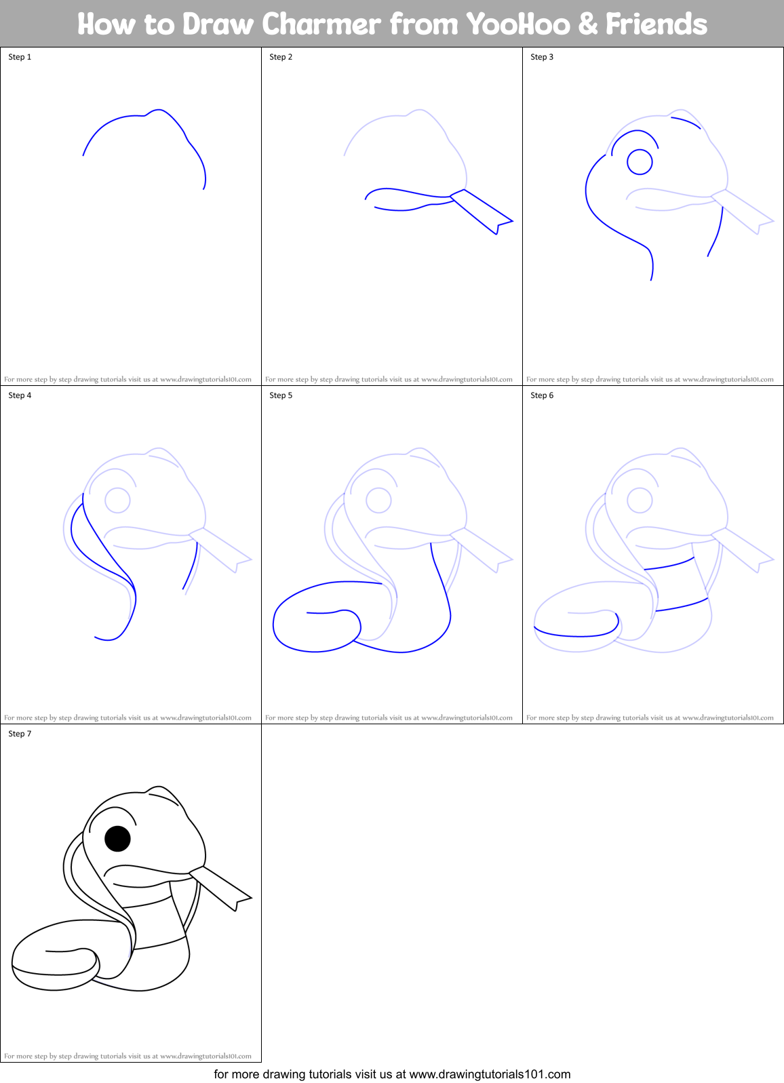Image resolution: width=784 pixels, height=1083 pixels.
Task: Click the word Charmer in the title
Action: tap(321, 24)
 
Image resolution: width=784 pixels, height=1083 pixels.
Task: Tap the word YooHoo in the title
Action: tap(519, 24)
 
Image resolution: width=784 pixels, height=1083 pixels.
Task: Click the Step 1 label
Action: tap(20, 57)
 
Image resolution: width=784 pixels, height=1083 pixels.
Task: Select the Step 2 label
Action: tap(281, 57)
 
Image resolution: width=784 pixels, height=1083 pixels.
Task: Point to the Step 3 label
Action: tap(542, 57)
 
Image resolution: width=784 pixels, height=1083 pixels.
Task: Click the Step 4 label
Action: tap(20, 395)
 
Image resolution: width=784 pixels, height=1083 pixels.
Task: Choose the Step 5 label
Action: tap(281, 395)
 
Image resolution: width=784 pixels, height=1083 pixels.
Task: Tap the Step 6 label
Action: tap(542, 395)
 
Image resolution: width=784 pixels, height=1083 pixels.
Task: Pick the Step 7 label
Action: tap(20, 734)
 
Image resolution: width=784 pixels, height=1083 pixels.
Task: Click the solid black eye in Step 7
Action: tap(117, 839)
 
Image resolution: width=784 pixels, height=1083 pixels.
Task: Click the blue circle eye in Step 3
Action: tap(640, 162)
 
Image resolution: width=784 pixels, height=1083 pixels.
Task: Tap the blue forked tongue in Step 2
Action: tap(483, 212)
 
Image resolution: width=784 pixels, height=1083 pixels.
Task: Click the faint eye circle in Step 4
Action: tap(117, 500)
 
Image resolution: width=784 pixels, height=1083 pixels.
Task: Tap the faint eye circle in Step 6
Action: tap(640, 500)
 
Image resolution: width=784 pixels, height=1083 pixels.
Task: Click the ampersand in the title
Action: tap(587, 24)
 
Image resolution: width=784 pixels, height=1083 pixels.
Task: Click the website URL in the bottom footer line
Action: tap(490, 1074)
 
